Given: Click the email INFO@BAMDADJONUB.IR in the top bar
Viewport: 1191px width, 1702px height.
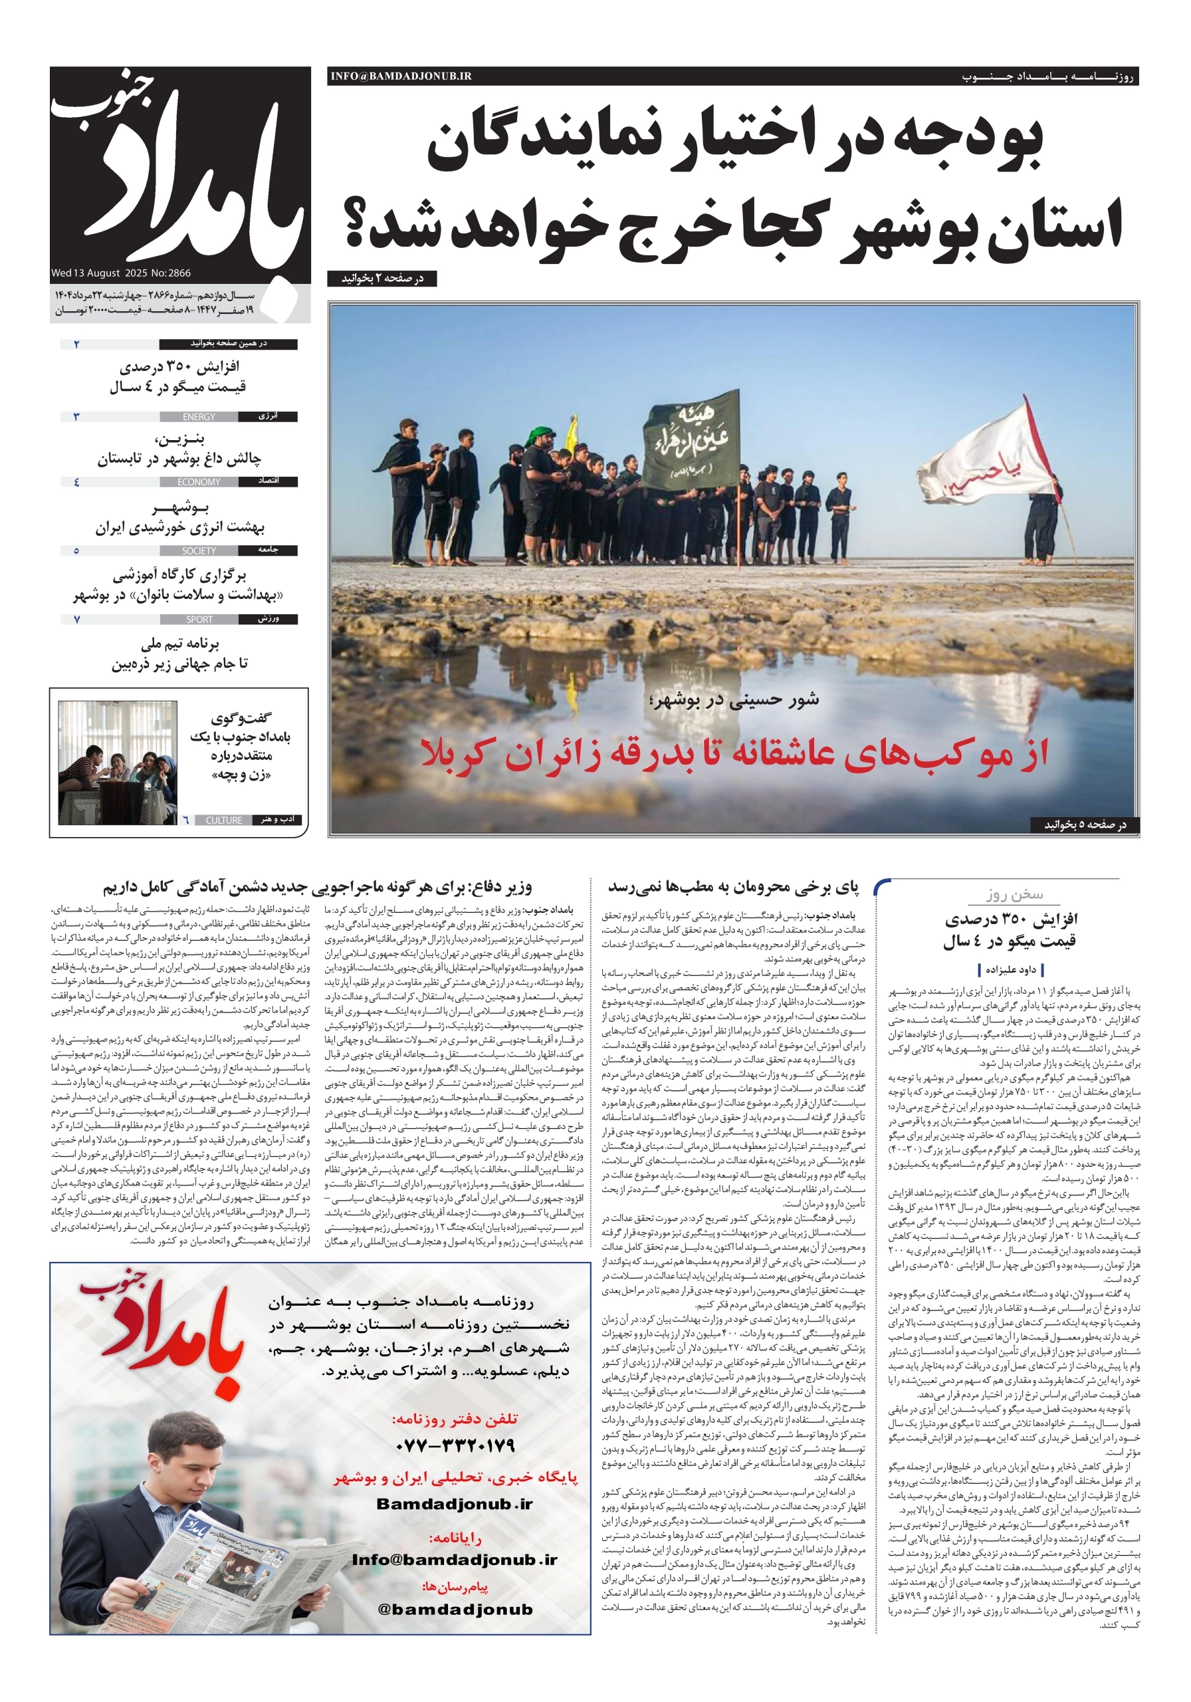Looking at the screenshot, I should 401,76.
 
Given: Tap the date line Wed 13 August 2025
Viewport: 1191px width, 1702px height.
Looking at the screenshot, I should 121,273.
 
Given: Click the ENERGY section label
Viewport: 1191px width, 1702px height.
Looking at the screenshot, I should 199,418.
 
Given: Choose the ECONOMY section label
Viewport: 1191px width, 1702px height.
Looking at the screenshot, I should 199,482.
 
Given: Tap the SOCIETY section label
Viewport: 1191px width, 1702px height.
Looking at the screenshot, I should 199,550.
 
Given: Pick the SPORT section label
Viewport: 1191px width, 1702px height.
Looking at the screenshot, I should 199,619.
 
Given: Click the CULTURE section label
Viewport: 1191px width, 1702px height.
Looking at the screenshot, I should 224,820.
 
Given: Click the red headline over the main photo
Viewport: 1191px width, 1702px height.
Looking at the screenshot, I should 734,754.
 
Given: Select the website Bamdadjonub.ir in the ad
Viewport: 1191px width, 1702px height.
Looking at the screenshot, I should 455,1504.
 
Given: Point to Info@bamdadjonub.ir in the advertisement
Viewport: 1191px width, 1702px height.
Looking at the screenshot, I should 455,1560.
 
